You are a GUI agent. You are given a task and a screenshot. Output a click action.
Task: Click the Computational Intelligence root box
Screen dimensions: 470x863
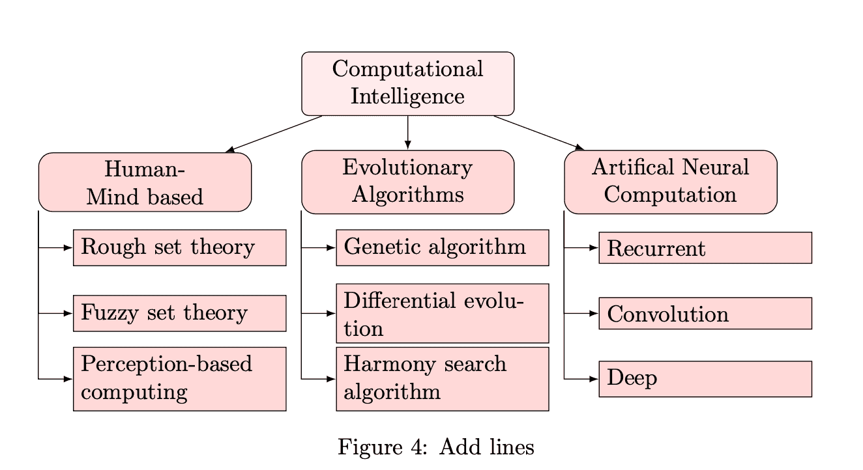[x=407, y=83]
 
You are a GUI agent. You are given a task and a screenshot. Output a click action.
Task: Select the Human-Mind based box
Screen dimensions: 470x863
[x=145, y=182]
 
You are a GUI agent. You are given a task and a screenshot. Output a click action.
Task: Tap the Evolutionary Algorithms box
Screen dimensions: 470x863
[x=407, y=182]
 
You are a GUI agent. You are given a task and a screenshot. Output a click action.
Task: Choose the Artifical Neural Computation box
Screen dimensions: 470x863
[x=670, y=182]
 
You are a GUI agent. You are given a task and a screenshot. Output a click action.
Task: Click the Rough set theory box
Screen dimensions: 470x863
[x=179, y=247]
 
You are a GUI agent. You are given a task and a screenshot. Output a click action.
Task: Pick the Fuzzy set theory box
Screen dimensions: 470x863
[x=179, y=313]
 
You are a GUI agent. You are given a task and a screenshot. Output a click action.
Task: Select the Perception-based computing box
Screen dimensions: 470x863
[x=179, y=378]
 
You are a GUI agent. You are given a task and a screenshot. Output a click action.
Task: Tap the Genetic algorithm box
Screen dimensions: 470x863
[x=442, y=247]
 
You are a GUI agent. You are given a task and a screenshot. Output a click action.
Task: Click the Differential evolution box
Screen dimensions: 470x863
[x=442, y=313]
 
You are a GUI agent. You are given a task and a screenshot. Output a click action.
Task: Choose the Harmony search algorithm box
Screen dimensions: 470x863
[x=442, y=378]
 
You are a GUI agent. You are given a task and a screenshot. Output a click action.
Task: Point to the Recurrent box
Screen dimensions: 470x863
[x=705, y=247]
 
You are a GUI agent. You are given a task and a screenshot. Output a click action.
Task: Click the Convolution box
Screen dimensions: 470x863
[x=705, y=313]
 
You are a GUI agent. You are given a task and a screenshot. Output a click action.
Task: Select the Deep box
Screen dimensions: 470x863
[x=705, y=378]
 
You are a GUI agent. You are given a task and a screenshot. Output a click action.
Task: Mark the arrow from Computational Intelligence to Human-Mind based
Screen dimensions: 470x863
[x=274, y=134]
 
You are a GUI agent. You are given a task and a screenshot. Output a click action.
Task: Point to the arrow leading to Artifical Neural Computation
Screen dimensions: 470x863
[x=538, y=133]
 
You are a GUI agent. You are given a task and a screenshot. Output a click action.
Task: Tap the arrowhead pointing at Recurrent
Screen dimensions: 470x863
[x=594, y=247]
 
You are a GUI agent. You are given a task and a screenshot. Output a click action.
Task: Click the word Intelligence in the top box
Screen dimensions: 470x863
[x=407, y=96]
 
